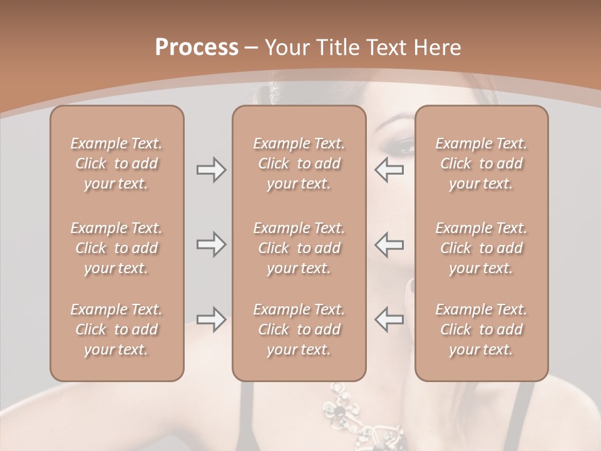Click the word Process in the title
click(x=197, y=48)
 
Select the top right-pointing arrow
click(x=211, y=170)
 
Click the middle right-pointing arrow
click(x=211, y=244)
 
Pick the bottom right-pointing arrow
click(x=211, y=319)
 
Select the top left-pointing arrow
click(x=389, y=170)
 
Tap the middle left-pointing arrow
click(x=389, y=244)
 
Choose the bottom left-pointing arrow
click(x=389, y=319)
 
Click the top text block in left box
click(x=116, y=163)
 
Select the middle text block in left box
click(x=116, y=248)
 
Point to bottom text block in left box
click(x=116, y=329)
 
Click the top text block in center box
click(x=299, y=163)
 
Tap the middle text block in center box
click(x=299, y=248)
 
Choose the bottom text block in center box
click(x=299, y=329)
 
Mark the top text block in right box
click(x=481, y=163)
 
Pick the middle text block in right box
click(x=481, y=248)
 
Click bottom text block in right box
click(x=481, y=329)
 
